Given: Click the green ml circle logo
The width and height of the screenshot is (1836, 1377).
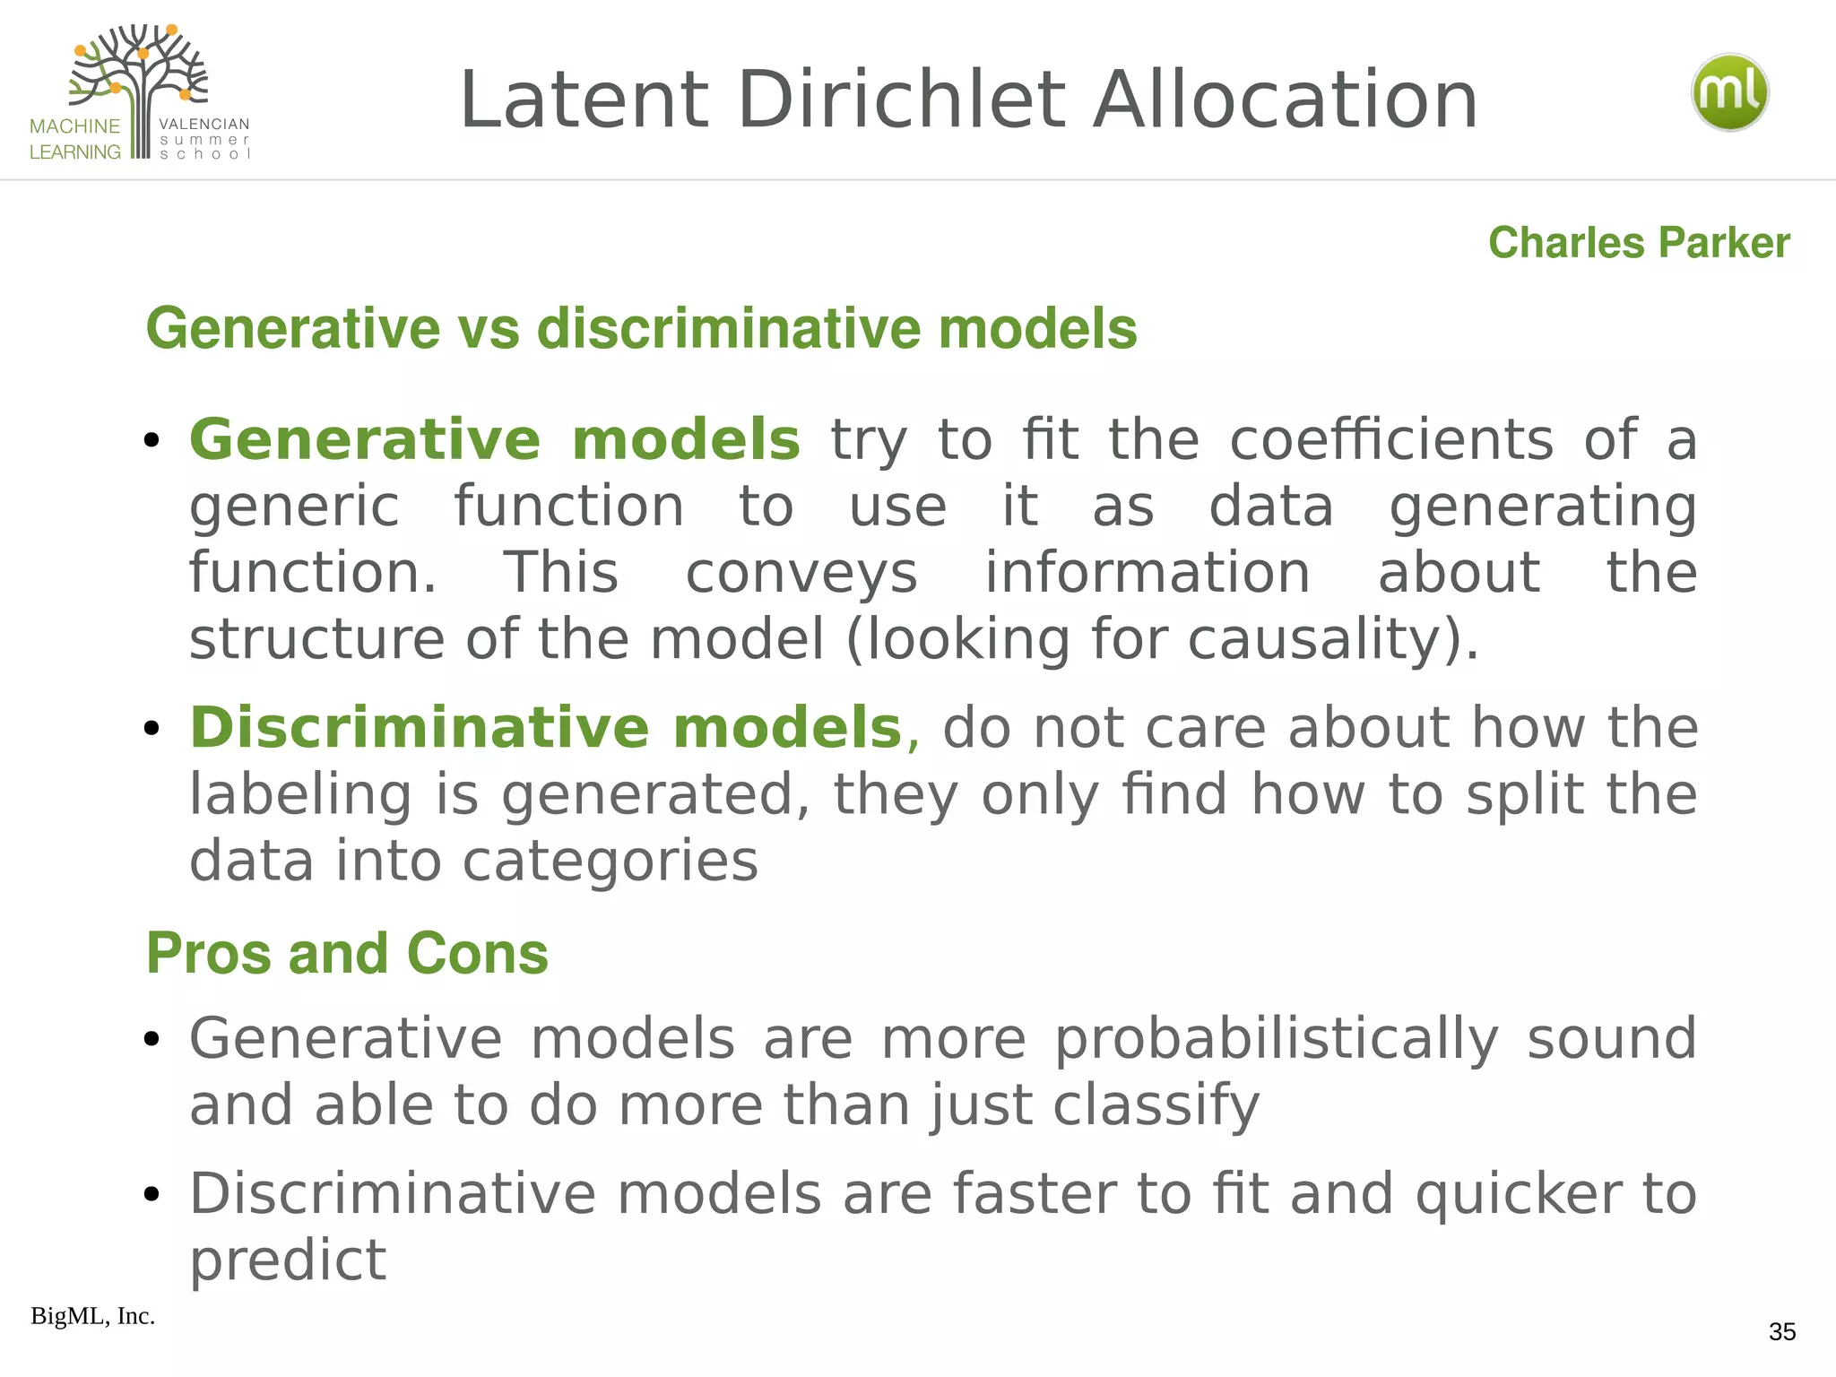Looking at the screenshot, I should coord(1729,92).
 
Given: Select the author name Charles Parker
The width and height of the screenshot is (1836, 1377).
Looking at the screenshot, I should coord(1639,243).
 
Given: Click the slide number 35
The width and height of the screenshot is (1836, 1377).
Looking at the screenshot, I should coord(1781,1332).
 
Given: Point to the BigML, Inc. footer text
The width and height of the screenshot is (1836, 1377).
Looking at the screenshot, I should coord(92,1316).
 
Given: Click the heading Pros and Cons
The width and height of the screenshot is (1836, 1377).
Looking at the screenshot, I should coord(347,953).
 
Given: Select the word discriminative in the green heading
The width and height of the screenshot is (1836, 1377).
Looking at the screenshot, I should coord(729,328).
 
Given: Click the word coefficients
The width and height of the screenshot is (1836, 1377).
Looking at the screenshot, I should coord(1390,440).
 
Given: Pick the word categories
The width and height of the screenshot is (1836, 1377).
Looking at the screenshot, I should coord(610,861).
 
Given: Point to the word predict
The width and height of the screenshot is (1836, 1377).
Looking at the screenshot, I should coord(288,1260).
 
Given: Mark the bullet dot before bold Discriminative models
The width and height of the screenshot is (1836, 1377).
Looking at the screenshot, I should coord(152,728).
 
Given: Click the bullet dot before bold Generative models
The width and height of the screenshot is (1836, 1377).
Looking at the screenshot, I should coord(152,440).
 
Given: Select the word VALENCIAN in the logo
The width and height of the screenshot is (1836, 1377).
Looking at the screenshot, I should coord(204,124).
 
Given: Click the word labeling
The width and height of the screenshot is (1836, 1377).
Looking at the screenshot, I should coord(300,794).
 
